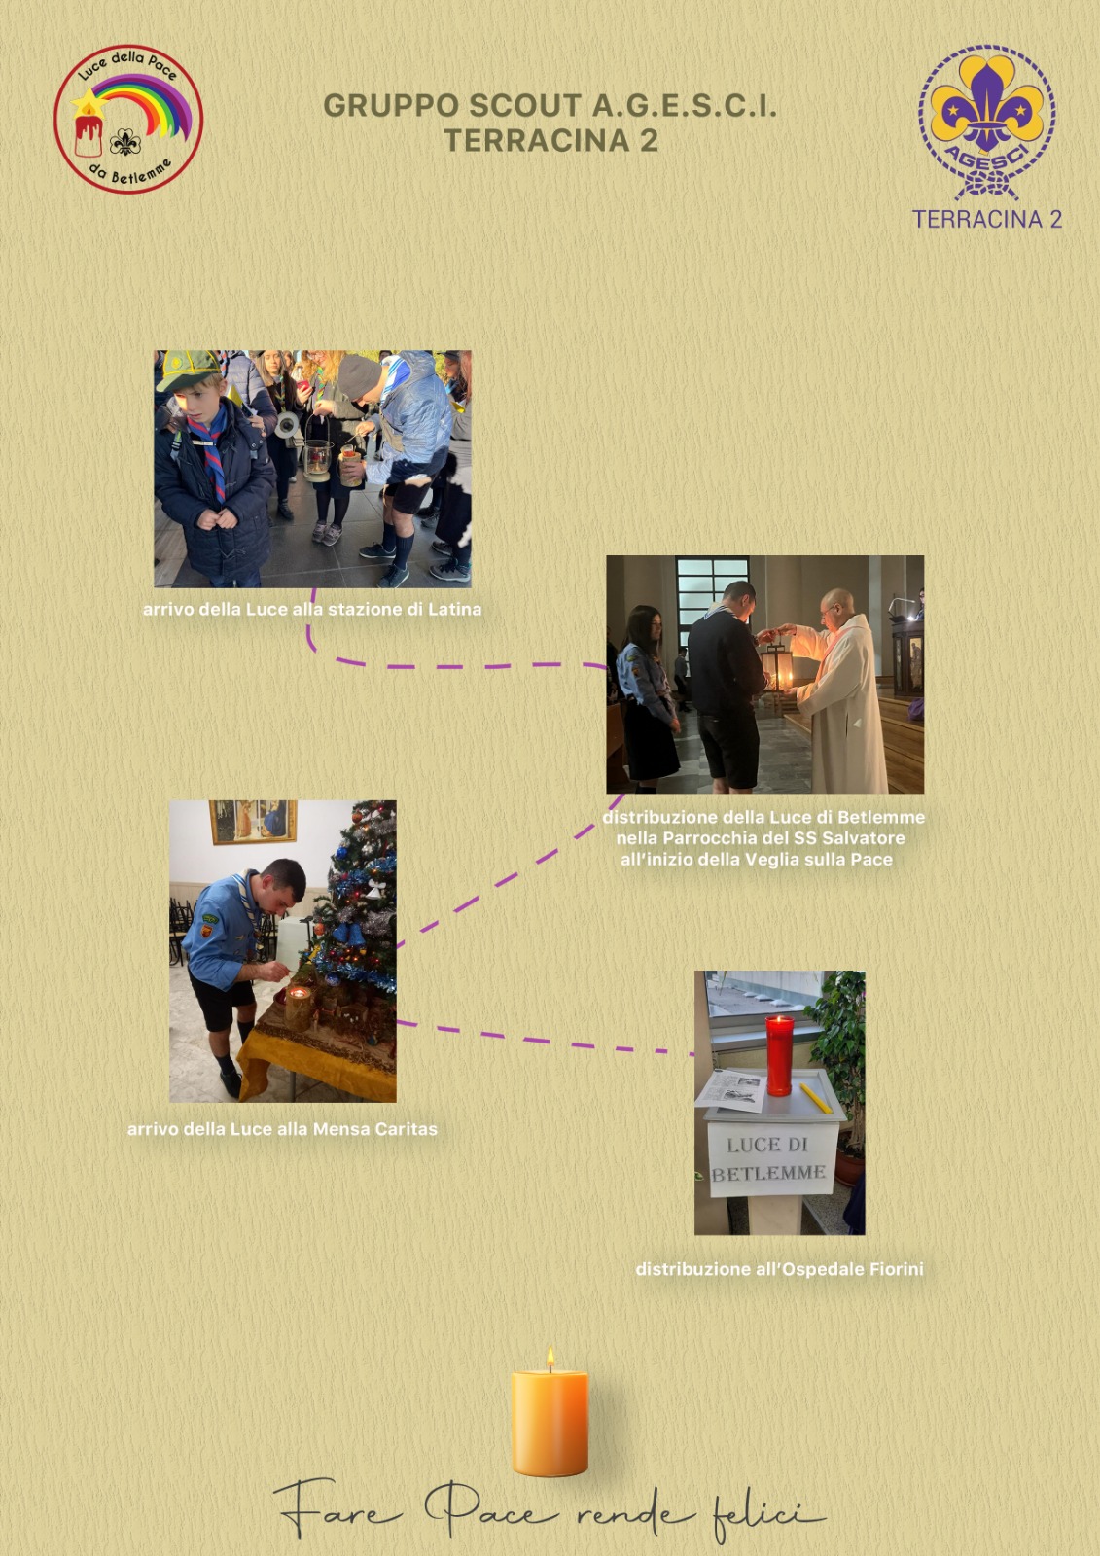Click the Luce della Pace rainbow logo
[128, 119]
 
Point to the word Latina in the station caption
[454, 609]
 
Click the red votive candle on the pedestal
[779, 1056]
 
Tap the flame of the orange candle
[550, 1359]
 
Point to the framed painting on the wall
[253, 823]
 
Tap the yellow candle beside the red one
[815, 1098]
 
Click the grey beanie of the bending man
[359, 375]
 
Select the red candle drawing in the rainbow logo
[89, 135]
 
